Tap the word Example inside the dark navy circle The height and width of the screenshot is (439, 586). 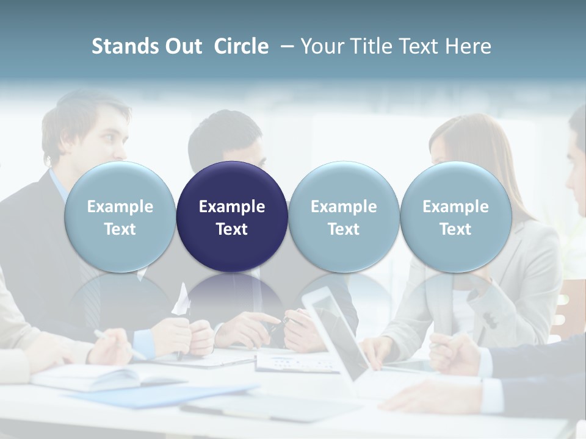pyautogui.click(x=232, y=207)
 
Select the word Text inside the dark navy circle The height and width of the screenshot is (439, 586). pyautogui.click(x=232, y=229)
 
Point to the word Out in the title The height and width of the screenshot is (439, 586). pyautogui.click(x=184, y=46)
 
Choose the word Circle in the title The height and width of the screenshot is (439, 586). pyautogui.click(x=241, y=46)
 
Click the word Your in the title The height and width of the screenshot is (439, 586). pyautogui.click(x=322, y=46)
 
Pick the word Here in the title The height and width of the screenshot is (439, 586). pyautogui.click(x=469, y=46)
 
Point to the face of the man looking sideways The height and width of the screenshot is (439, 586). pyautogui.click(x=110, y=137)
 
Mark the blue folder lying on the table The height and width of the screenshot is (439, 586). pyautogui.click(x=165, y=395)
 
